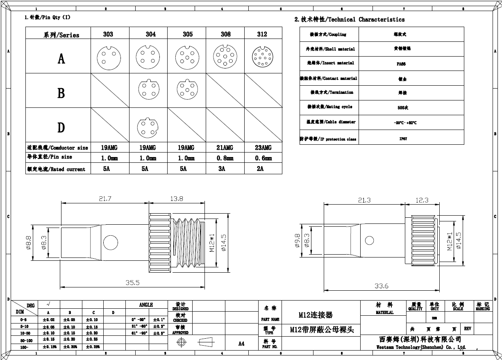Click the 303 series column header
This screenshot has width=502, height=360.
(108, 34)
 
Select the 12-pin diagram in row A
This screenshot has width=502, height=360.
(262, 57)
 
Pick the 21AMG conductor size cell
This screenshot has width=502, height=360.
(224, 148)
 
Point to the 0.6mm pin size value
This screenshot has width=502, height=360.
(263, 158)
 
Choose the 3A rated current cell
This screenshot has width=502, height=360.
(222, 169)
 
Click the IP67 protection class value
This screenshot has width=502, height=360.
(403, 139)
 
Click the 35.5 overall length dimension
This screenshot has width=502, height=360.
(133, 283)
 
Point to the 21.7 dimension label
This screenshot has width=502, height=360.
(105, 198)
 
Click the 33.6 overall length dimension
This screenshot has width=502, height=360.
(382, 286)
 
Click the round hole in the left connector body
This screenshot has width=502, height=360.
(110, 243)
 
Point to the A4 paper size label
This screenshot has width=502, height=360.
(241, 344)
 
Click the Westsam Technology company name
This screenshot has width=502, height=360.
(421, 347)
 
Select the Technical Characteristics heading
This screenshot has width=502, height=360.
(350, 19)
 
